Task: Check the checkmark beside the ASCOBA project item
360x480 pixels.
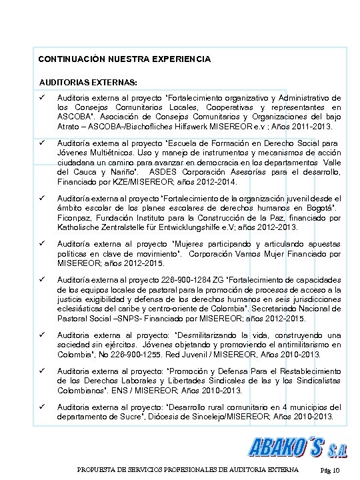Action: pyautogui.click(x=41, y=98)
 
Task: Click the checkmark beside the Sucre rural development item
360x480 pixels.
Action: pyautogui.click(x=41, y=406)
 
